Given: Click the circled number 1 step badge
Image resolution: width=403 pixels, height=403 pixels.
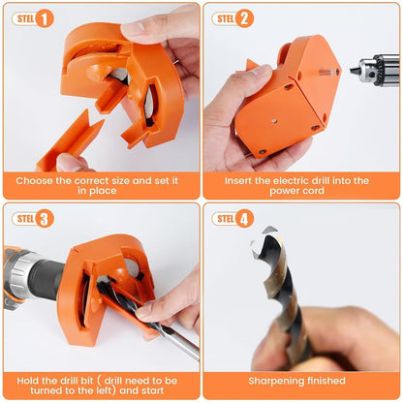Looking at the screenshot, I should click(45, 17).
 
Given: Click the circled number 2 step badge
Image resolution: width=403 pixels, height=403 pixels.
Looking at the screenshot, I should click(245, 17).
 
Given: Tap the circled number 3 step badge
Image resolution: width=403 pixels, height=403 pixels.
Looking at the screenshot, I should click(45, 218).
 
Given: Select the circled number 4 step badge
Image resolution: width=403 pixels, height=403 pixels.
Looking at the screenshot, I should click(245, 218).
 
